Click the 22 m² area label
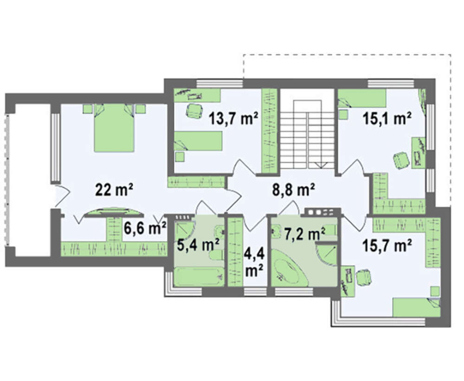[114, 190]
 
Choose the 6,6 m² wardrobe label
[145, 229]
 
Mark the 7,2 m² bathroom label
[304, 234]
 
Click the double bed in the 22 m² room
[114, 127]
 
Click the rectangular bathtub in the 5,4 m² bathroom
[198, 276]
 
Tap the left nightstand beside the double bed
[88, 108]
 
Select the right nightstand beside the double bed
[141, 109]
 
